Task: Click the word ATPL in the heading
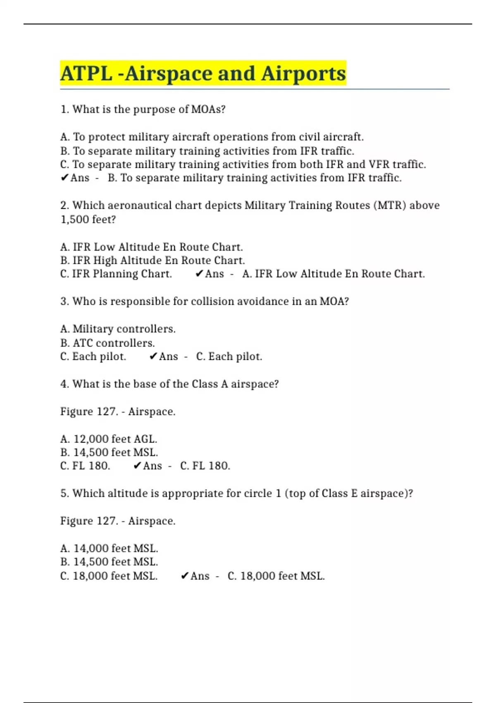pos(86,74)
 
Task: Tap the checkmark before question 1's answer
pos(64,178)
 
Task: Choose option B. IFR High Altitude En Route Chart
pos(153,261)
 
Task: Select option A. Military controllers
pos(118,329)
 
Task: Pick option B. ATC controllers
pos(107,343)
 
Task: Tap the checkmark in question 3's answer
pos(153,356)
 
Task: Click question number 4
pos(64,384)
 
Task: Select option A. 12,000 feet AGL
pos(109,439)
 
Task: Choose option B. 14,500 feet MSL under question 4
pos(109,452)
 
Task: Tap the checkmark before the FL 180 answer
pos(137,466)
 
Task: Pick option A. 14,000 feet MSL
pos(109,549)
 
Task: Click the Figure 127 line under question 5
pos(118,521)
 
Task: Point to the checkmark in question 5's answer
pos(184,576)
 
